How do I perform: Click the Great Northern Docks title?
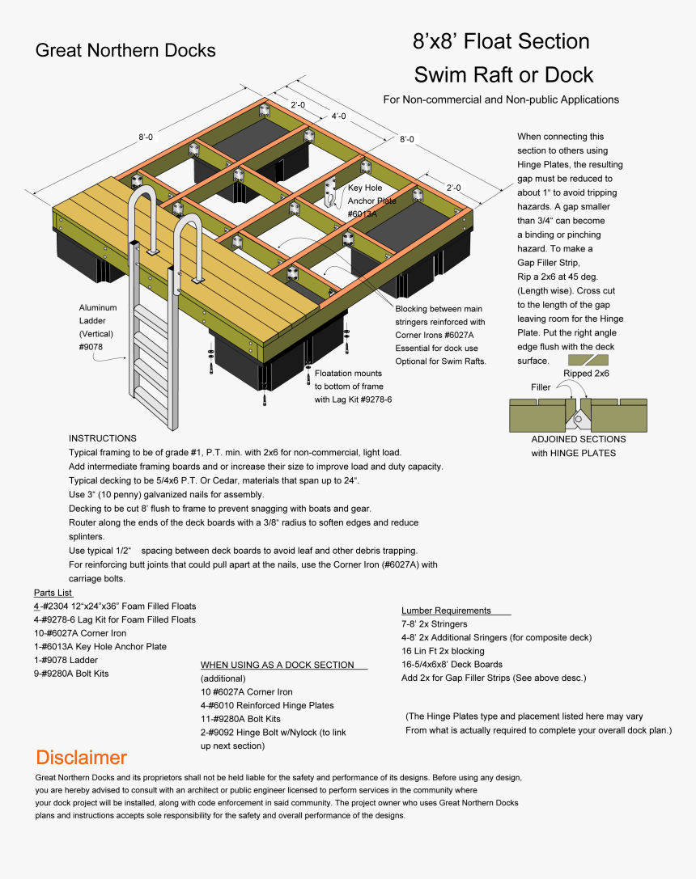[125, 51]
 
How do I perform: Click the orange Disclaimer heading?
[81, 758]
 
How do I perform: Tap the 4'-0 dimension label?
[338, 116]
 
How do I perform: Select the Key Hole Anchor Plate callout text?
[371, 201]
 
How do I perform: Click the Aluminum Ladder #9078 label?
[98, 327]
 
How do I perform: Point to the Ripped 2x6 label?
[586, 374]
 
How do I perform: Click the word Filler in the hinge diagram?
[541, 387]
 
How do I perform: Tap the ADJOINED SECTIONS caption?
[578, 439]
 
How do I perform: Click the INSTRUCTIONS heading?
[102, 438]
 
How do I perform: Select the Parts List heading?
[53, 593]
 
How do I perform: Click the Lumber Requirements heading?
[446, 611]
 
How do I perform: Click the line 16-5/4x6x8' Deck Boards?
[452, 665]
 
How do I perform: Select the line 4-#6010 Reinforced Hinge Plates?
[267, 705]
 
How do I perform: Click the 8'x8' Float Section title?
[501, 41]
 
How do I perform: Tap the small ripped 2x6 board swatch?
[588, 360]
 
